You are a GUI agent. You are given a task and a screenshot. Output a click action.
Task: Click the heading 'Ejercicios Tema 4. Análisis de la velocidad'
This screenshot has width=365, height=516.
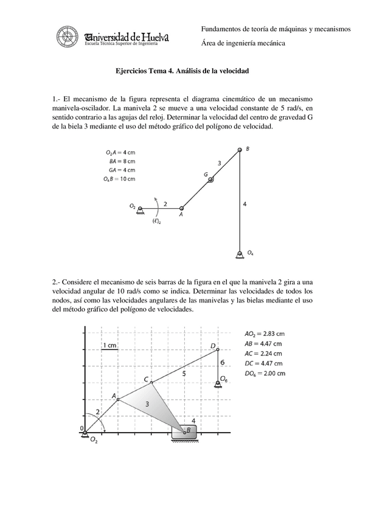[182, 71]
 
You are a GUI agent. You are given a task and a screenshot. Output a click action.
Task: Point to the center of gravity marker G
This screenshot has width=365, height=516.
[210, 179]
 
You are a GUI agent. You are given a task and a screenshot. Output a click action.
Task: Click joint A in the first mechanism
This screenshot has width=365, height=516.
[181, 209]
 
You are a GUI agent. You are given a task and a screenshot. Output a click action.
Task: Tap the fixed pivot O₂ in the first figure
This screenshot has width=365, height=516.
[140, 209]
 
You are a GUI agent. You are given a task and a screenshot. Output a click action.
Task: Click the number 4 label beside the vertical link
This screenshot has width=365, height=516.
[245, 205]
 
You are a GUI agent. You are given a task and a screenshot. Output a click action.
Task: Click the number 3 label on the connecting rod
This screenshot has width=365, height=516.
[220, 162]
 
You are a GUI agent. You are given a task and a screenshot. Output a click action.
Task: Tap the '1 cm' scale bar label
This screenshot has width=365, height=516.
[109, 346]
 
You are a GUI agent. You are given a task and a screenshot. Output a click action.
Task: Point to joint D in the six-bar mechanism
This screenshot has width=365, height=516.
[218, 349]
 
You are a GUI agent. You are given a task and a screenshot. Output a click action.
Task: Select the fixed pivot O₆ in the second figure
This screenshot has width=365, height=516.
[218, 383]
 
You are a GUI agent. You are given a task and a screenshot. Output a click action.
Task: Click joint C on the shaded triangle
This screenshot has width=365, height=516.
[151, 382]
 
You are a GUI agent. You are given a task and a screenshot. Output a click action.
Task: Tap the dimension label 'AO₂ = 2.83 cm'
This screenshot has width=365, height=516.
[265, 333]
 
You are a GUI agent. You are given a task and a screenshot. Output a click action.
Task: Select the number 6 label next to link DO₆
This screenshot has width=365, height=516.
[223, 363]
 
